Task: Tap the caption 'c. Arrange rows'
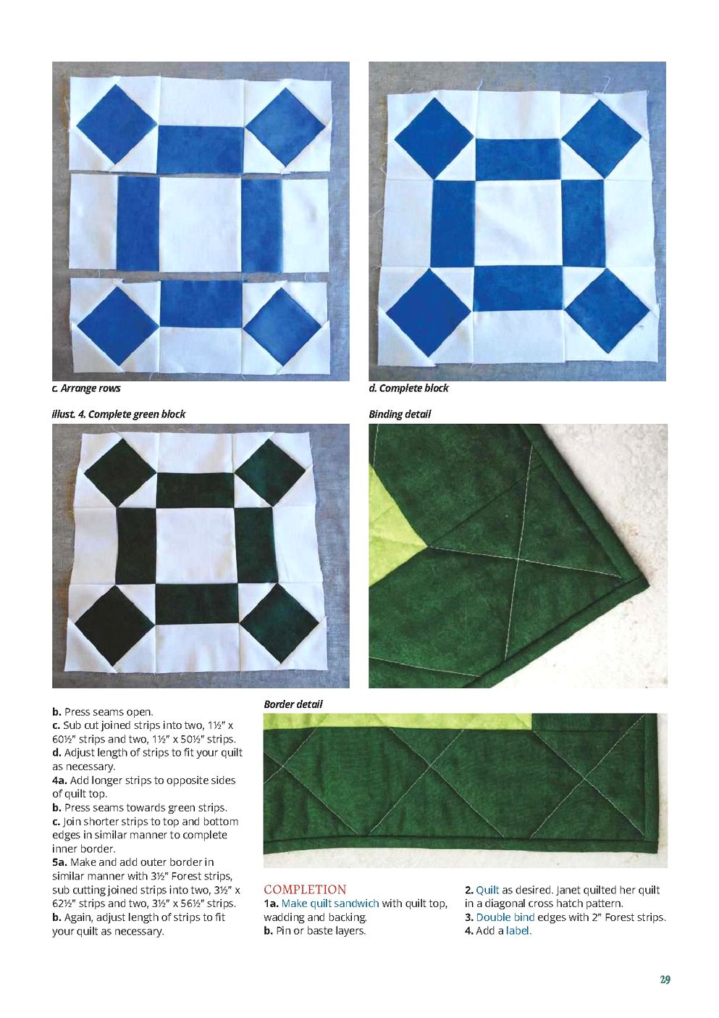tap(86, 388)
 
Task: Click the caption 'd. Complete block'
tap(408, 388)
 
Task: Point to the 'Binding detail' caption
tap(400, 414)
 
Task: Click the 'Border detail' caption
tap(293, 704)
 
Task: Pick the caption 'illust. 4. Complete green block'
tap(119, 414)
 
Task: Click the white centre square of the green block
tap(195, 546)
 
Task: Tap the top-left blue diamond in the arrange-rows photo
tap(117, 124)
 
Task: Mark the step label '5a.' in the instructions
tap(60, 862)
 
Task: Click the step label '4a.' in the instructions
tap(60, 780)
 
